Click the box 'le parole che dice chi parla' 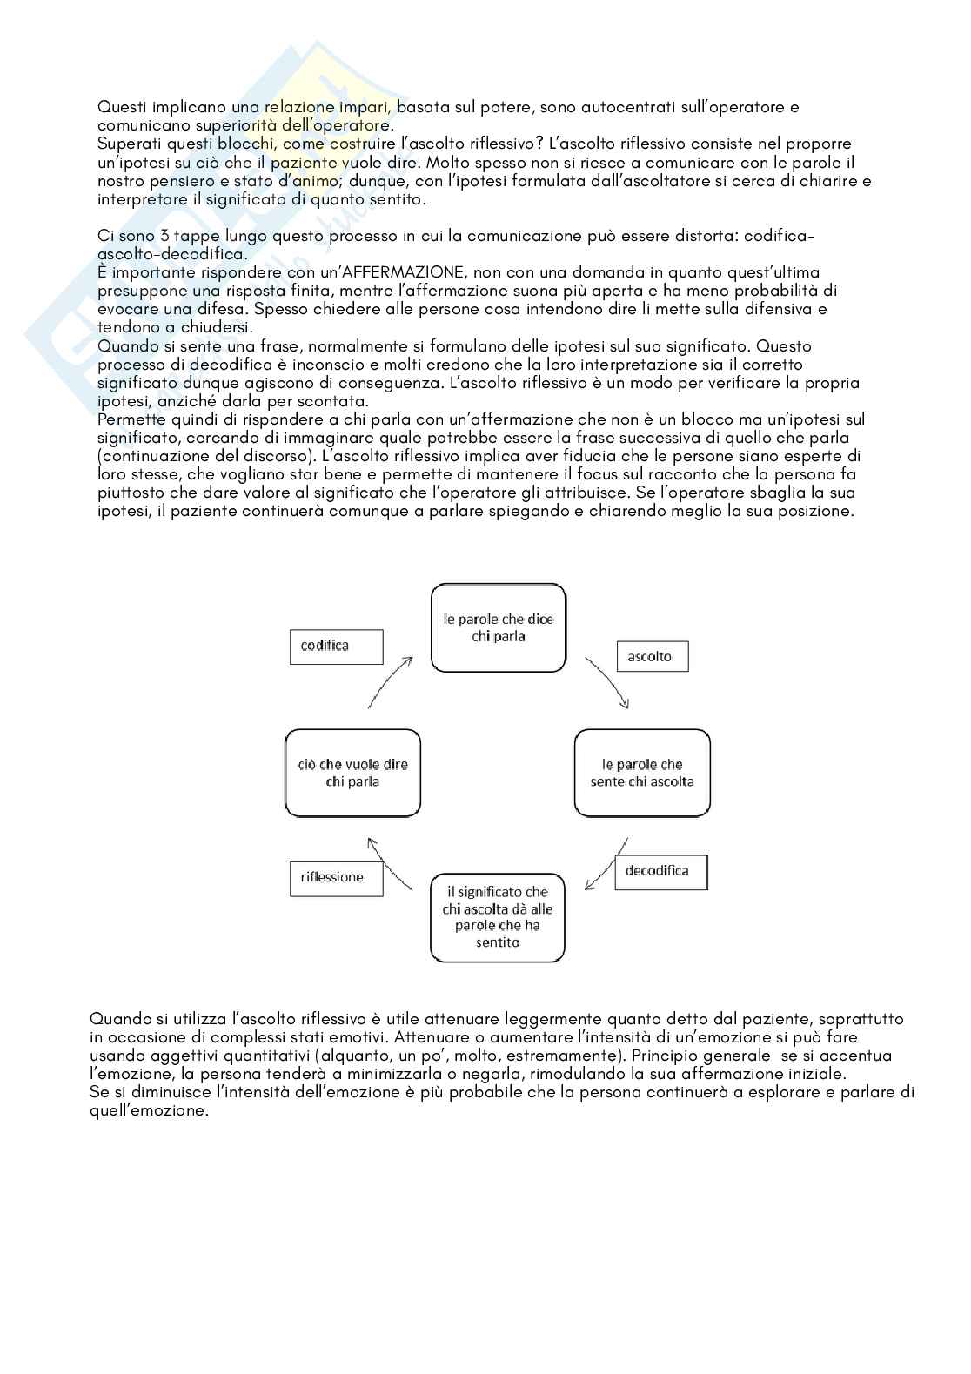click(499, 627)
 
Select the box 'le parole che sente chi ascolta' click(642, 773)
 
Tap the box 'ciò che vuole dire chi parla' click(352, 773)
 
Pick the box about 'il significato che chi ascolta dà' click(498, 917)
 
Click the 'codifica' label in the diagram click(336, 647)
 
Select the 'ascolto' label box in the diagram click(652, 656)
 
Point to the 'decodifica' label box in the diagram click(660, 871)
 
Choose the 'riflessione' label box click(337, 877)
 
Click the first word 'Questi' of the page click(122, 107)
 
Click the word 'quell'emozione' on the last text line click(150, 1111)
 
